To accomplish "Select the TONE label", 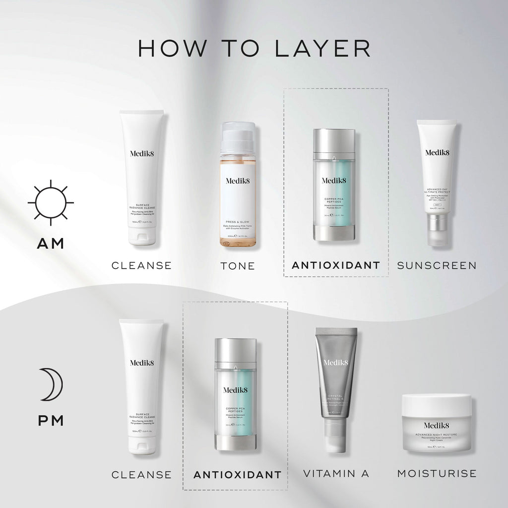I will pos(238,266).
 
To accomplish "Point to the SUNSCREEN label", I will pos(437,265).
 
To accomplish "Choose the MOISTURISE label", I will pos(437,474).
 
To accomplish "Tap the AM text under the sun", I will pos(51,244).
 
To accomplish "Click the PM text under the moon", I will pos(51,421).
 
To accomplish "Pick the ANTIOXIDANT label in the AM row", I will pos(336,265).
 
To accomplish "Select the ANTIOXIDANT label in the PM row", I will pos(237,475).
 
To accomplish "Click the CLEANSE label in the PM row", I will pos(141,475).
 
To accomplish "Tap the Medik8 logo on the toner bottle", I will pos(238,181).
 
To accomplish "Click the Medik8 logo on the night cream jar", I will pos(437,425).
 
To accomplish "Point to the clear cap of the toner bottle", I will pos(238,136).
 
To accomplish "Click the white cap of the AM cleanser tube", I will pos(142,235).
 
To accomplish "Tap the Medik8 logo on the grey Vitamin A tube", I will pos(336,363).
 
